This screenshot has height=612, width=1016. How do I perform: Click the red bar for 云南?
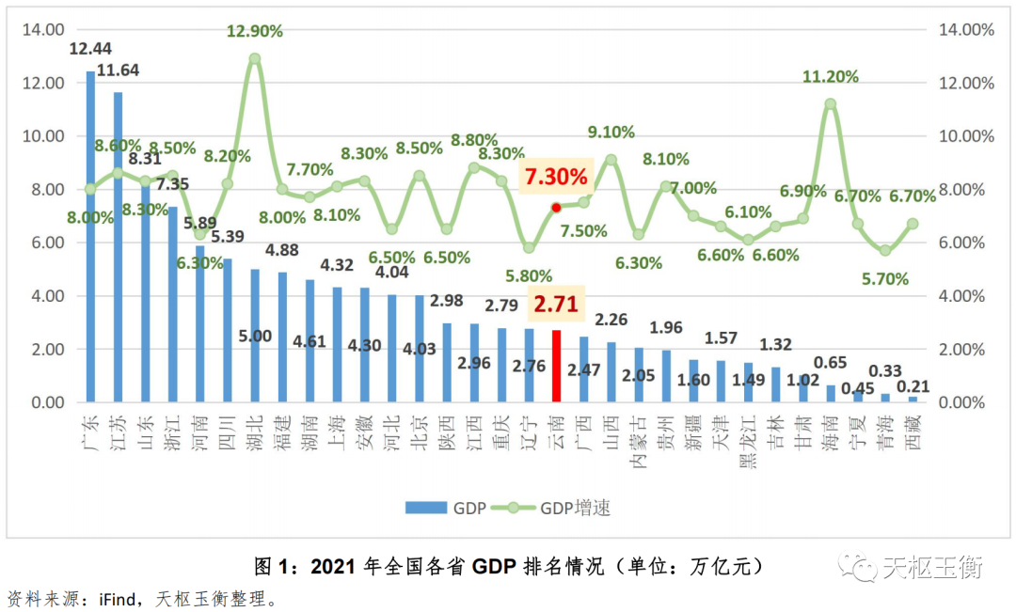pyautogui.click(x=556, y=367)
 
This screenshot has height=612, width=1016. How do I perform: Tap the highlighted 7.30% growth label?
pyautogui.click(x=556, y=176)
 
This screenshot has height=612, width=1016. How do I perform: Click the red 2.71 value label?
pyautogui.click(x=556, y=305)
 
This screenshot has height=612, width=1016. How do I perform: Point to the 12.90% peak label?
pyautogui.click(x=254, y=32)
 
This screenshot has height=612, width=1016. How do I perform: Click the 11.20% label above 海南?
pyautogui.click(x=830, y=77)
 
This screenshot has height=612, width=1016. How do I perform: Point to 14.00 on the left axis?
pyautogui.click(x=43, y=29)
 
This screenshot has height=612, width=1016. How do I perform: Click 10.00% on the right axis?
pyautogui.click(x=965, y=136)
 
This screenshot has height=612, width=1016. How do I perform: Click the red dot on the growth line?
pyautogui.click(x=556, y=207)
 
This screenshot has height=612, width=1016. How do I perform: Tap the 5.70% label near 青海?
pyautogui.click(x=884, y=278)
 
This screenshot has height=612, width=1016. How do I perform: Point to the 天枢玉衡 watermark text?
pyautogui.click(x=931, y=567)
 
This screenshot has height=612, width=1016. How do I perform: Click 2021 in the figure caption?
pyautogui.click(x=334, y=567)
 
